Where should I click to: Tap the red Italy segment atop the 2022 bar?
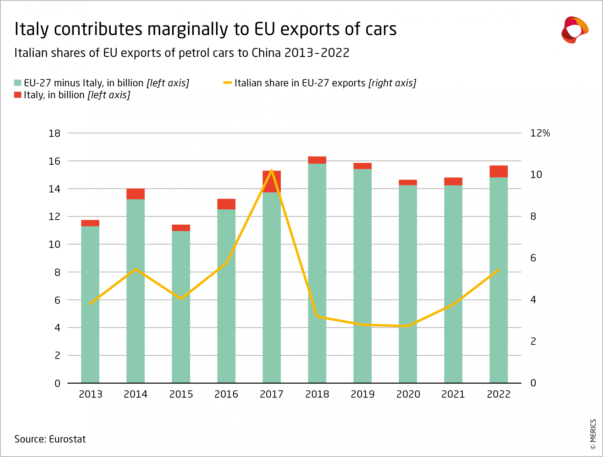[x=498, y=171]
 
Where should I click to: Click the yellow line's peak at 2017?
[x=272, y=171]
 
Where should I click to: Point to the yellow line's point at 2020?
[x=408, y=326]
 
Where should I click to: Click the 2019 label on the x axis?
[x=363, y=394]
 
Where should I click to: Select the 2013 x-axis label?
[x=90, y=394]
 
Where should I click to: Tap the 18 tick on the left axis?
[x=54, y=134]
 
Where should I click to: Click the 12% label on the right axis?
[x=540, y=133]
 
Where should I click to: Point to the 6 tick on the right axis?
[x=533, y=258]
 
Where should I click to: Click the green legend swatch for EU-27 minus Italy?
[x=18, y=83]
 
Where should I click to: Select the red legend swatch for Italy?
[x=18, y=95]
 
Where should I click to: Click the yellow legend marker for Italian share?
[x=227, y=83]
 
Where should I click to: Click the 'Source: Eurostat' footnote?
[x=50, y=439]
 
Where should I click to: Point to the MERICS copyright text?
[x=593, y=434]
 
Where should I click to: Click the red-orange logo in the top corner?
[x=574, y=30]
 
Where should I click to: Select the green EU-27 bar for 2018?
[x=317, y=273]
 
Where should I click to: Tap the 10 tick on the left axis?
[x=54, y=244]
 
